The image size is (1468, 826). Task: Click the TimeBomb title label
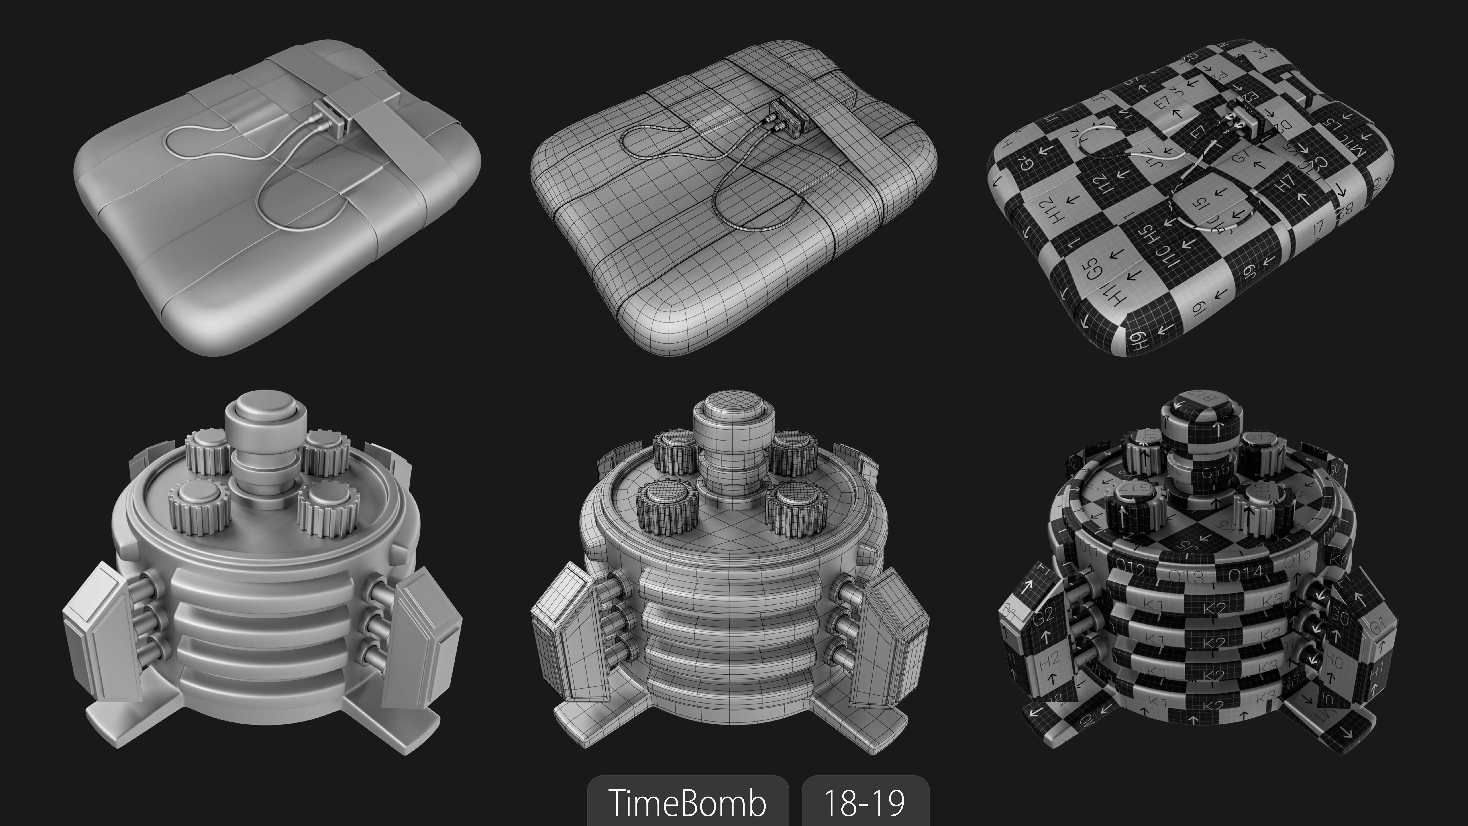pyautogui.click(x=687, y=802)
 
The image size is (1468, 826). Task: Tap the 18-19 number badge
pyautogui.click(x=865, y=802)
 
